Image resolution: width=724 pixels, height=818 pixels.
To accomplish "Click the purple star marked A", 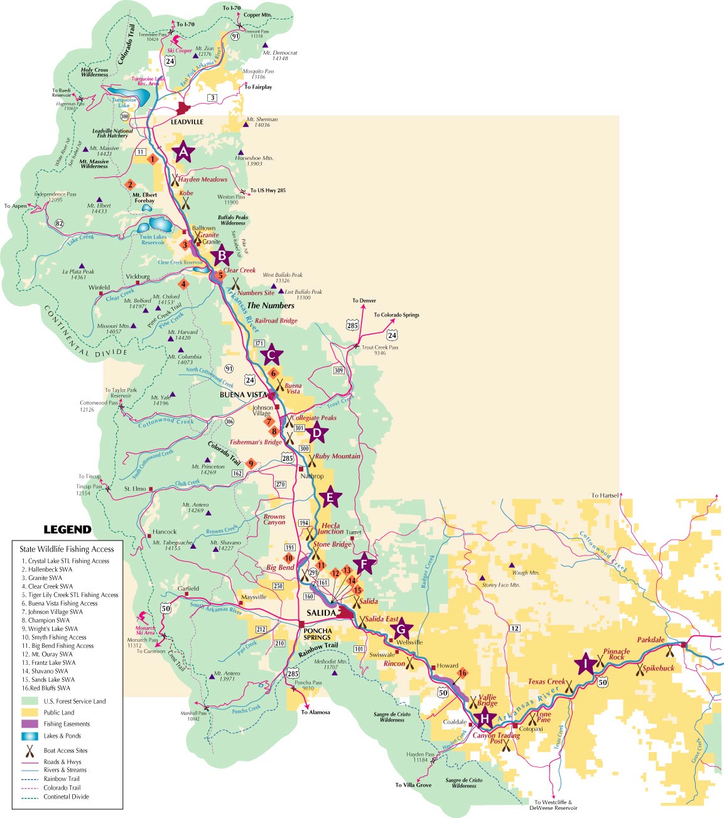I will tap(183, 151).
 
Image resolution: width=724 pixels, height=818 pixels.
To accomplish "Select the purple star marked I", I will tap(586, 664).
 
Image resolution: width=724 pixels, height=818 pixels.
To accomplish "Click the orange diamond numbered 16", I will tap(463, 674).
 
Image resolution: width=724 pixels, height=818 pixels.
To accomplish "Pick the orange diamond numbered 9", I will tap(251, 464).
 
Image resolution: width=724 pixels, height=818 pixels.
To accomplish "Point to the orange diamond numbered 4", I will tap(183, 284).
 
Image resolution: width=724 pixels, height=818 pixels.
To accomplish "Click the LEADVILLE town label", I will tap(187, 122).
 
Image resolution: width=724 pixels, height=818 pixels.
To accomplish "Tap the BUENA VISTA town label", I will tap(241, 396).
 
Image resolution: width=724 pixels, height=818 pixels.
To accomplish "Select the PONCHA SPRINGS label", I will tap(317, 633).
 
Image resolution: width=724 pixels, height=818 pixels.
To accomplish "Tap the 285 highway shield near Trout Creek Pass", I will tap(352, 325).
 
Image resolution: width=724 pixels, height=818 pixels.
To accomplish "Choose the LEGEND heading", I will tap(67, 529).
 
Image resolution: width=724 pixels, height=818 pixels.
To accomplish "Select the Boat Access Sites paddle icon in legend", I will tap(30, 750).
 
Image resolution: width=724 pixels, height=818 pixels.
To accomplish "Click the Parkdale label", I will tap(650, 640).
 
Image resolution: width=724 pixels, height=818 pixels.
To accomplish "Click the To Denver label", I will tap(364, 301).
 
